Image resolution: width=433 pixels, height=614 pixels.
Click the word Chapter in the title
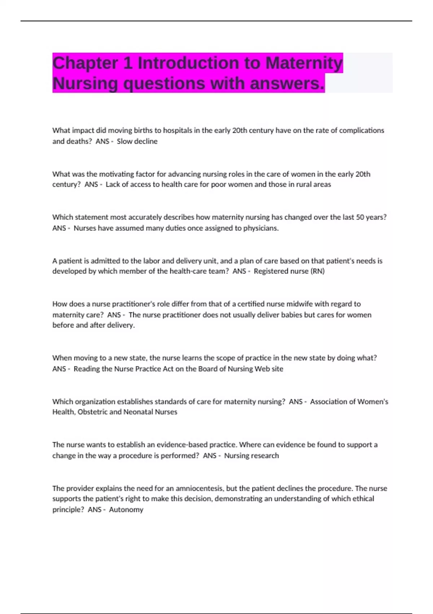point(85,63)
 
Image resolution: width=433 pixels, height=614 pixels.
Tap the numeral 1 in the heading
point(128,63)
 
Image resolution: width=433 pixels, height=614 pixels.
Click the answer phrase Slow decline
point(137,141)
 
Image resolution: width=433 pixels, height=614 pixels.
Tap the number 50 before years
point(360,217)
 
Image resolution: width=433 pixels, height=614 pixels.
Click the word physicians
point(261,228)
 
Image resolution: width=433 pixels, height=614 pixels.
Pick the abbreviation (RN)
point(318,271)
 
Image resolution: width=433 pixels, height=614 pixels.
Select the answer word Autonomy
point(126,510)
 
